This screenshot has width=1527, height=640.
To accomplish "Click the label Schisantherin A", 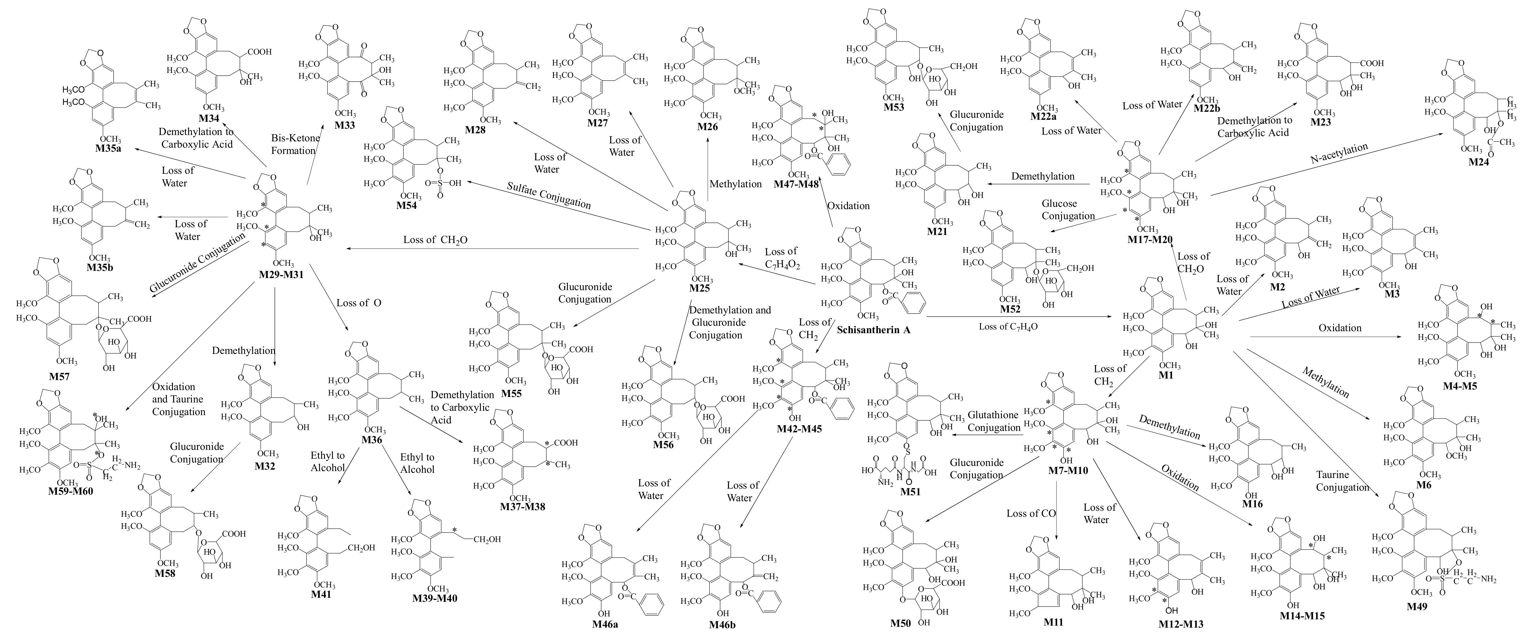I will point(873,330).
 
